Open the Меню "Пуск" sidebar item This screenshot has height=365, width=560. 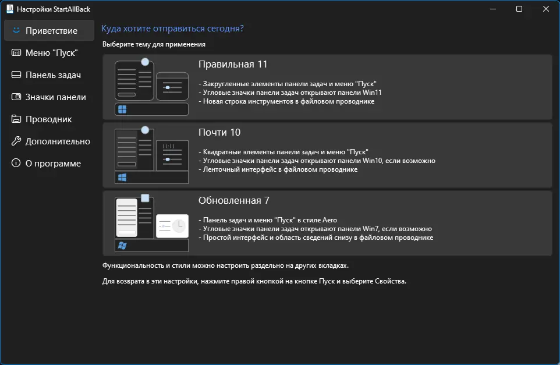click(51, 53)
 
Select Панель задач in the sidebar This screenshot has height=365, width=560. click(52, 75)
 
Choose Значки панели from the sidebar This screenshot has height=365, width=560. click(55, 97)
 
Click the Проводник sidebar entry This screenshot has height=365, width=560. click(48, 119)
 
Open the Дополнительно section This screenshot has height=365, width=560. click(58, 141)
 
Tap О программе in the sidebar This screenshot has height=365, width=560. click(53, 164)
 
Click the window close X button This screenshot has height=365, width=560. click(545, 9)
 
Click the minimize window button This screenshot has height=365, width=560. click(492, 9)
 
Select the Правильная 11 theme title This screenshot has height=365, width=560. click(233, 65)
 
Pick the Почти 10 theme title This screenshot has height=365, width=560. click(219, 133)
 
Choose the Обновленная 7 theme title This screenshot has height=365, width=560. click(234, 201)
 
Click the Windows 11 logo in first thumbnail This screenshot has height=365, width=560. click(122, 109)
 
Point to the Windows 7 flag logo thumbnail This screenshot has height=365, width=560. click(122, 246)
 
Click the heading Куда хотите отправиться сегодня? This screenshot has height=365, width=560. click(172, 29)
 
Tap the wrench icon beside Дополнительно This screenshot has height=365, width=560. click(16, 141)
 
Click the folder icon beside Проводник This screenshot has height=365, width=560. click(16, 119)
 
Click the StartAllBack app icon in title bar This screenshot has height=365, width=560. click(9, 9)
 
